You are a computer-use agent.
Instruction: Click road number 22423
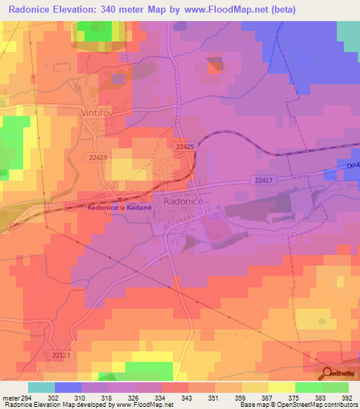pos(97,158)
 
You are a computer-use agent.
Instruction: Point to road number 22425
pos(184,146)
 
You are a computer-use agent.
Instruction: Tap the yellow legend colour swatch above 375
pos(281,387)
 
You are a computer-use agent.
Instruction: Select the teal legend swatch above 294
pos(41,387)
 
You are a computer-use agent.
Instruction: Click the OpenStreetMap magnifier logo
pos(326,373)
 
